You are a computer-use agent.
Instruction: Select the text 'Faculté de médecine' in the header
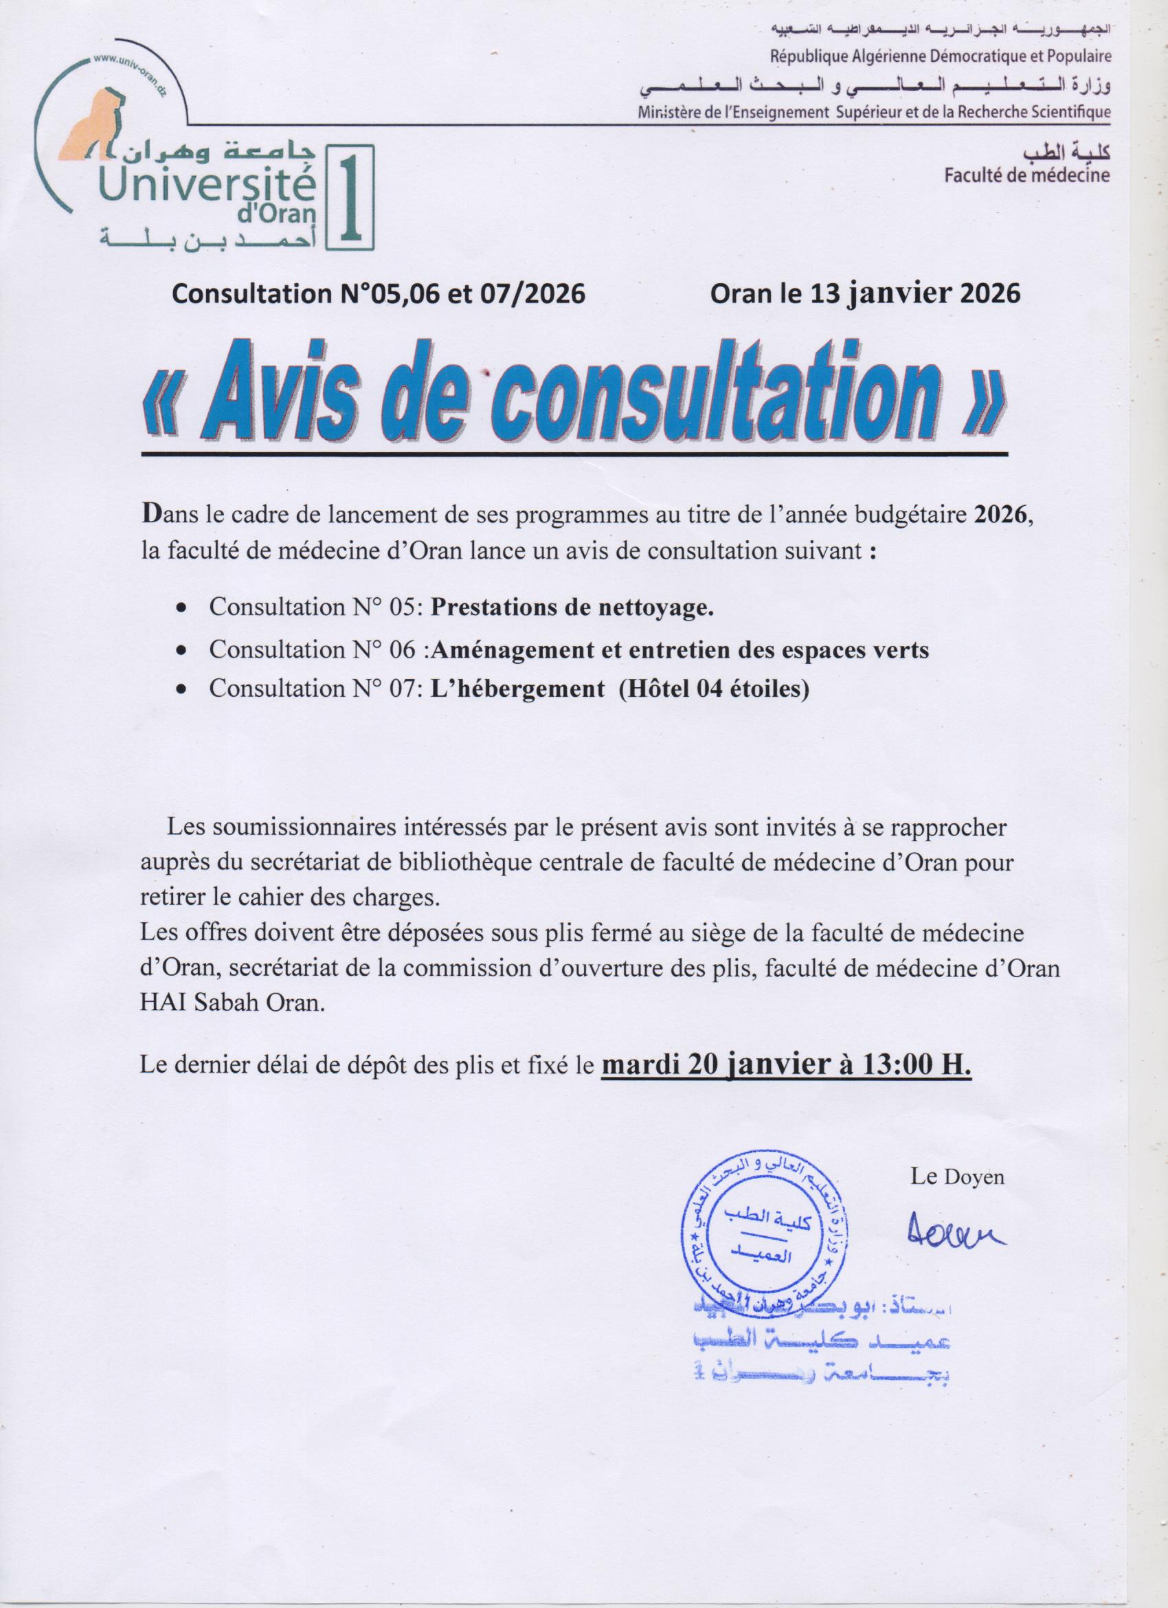point(1027,175)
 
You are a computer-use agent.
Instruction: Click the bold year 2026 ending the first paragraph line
point(999,515)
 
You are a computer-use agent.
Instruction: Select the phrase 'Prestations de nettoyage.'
point(571,607)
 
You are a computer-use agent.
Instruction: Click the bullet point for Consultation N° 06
point(182,650)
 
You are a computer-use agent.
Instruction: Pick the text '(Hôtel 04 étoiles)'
point(713,688)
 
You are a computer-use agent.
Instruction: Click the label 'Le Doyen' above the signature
point(957,1178)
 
